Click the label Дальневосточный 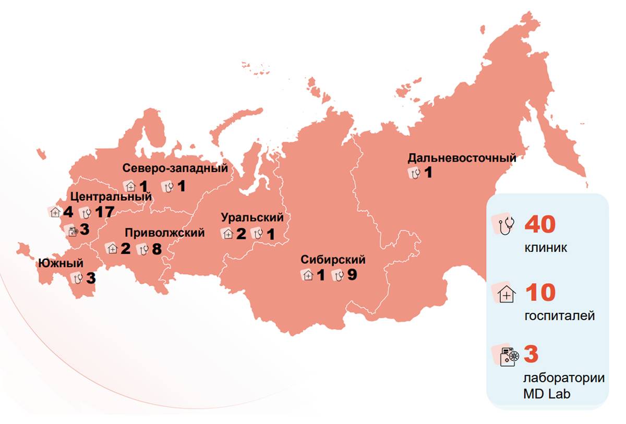point(462,158)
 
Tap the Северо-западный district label point(175,168)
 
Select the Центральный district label point(111,197)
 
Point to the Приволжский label point(165,233)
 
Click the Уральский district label point(252,217)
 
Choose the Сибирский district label point(333,260)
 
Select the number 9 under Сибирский point(352,275)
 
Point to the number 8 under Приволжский point(155,249)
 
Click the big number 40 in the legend point(540,224)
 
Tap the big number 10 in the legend point(540,294)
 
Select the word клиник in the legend point(546,248)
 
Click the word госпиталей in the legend point(559,316)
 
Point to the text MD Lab point(547,394)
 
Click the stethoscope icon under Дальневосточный point(415,173)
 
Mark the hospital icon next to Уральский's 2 point(228,234)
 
